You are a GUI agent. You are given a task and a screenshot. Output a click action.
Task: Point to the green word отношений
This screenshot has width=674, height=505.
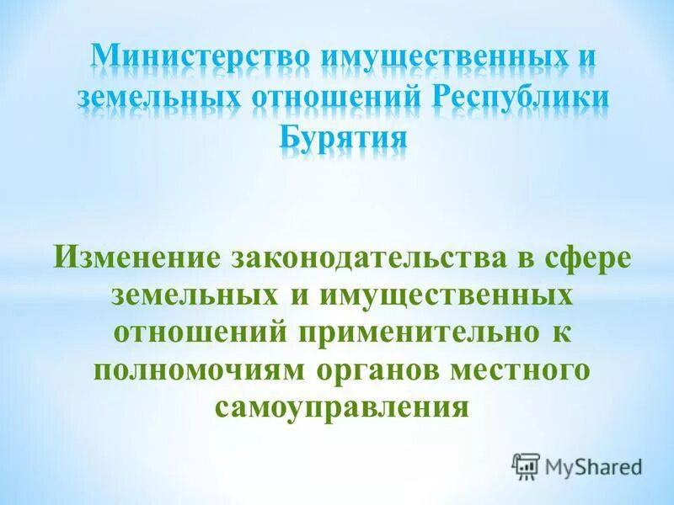(199, 332)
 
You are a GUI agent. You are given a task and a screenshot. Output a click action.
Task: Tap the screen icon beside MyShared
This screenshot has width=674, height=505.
(527, 465)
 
